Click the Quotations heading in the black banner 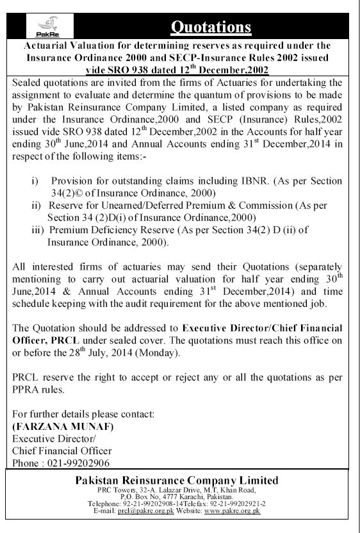click(212, 26)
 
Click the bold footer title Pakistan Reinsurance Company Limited click(185, 480)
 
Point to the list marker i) click(37, 181)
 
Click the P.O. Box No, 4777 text click(149, 496)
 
